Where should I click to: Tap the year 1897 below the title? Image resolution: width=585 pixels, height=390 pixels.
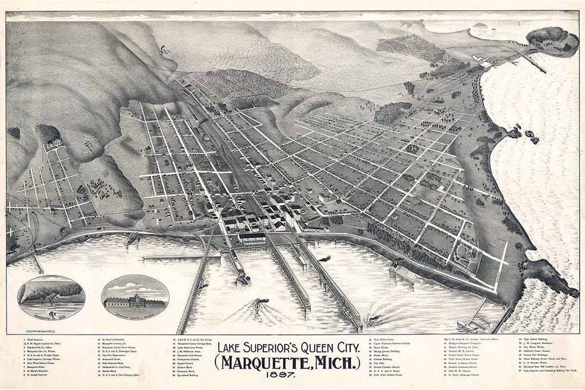288,374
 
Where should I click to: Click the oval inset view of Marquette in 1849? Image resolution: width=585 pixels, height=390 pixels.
51,297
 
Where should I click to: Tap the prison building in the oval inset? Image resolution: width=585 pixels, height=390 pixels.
135,301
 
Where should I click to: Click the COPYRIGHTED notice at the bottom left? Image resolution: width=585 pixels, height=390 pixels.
41,329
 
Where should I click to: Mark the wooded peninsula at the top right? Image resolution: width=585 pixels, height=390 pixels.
551,41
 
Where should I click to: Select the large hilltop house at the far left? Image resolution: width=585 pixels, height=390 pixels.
55,144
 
